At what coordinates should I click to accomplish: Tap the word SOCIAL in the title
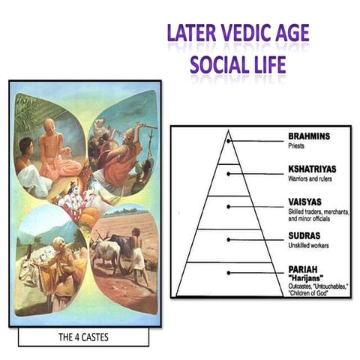tap(220, 65)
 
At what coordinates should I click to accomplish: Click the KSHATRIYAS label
tap(316, 170)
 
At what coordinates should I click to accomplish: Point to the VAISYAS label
tap(306, 202)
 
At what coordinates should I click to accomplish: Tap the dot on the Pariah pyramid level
tap(230, 272)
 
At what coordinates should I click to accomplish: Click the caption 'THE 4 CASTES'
tap(83, 337)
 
